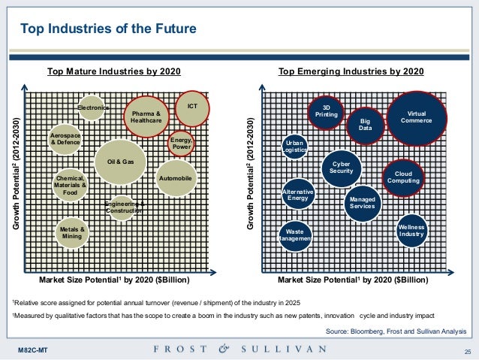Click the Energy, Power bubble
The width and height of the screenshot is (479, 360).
pyautogui.click(x=181, y=143)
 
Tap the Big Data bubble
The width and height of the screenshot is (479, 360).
pyautogui.click(x=366, y=126)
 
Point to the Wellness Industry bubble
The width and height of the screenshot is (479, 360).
pyautogui.click(x=411, y=231)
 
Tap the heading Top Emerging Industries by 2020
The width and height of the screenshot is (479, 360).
pyautogui.click(x=351, y=72)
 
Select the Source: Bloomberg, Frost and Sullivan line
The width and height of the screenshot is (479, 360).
pyautogui.click(x=396, y=331)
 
